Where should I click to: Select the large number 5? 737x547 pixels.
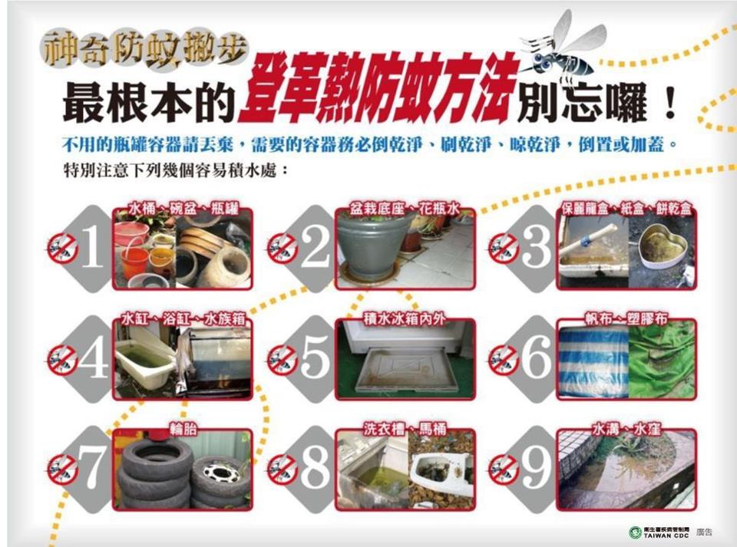[315, 357]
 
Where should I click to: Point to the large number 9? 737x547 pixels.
[537, 466]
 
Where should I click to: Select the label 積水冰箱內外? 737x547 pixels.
[405, 319]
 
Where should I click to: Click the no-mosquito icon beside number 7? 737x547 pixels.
[62, 469]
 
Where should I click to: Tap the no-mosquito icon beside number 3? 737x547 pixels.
[504, 248]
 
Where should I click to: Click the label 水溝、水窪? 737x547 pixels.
[626, 429]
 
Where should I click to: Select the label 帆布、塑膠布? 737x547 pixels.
[626, 319]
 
